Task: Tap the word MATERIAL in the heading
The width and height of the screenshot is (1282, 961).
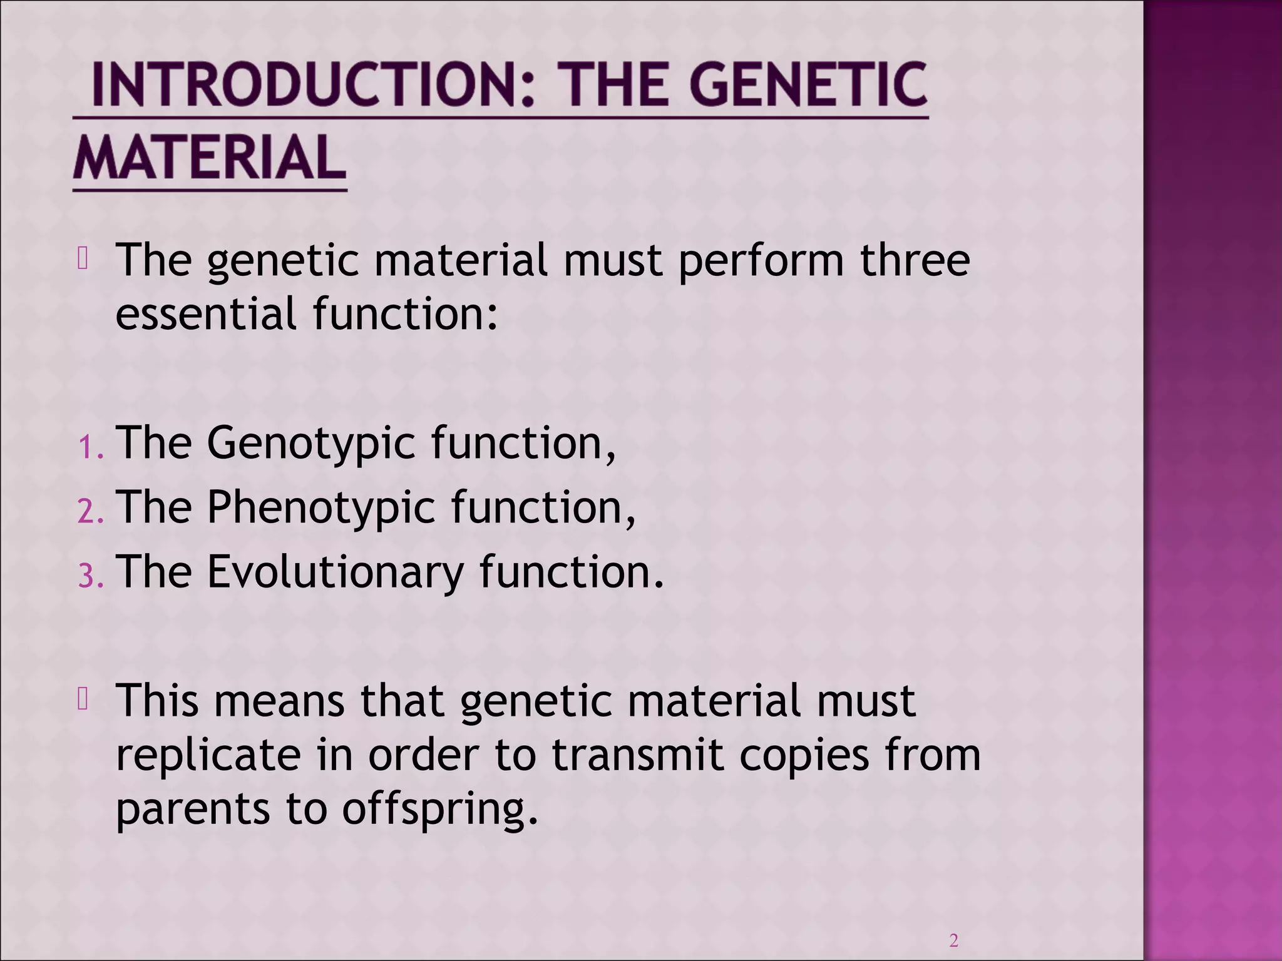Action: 210,158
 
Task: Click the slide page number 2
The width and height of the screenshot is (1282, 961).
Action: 953,940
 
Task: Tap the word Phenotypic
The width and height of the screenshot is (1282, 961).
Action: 320,509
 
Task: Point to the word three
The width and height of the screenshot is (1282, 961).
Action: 915,260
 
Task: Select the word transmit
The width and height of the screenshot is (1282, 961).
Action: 637,755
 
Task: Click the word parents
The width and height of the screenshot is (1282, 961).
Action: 193,810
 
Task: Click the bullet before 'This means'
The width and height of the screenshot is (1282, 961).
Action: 83,699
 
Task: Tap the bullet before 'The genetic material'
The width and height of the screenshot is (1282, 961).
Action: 83,258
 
